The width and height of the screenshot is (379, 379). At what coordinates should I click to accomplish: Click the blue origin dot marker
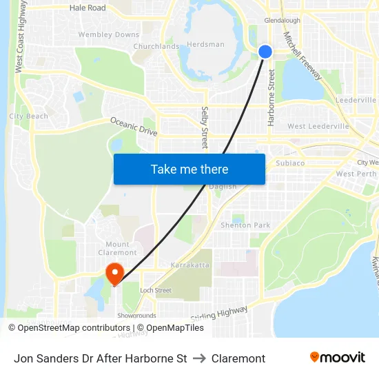[265, 52]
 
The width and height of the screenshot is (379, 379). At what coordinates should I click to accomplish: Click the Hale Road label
[88, 8]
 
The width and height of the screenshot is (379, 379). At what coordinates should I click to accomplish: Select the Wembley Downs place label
[108, 34]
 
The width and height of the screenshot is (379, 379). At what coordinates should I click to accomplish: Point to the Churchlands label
[156, 47]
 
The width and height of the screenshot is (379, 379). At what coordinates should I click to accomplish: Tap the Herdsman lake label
[206, 45]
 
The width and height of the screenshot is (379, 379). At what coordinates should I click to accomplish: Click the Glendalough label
[282, 21]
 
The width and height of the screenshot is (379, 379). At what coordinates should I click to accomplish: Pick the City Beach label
[29, 116]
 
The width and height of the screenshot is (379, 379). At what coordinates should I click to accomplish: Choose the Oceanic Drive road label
[134, 126]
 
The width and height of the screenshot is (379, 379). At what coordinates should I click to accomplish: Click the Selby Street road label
[205, 127]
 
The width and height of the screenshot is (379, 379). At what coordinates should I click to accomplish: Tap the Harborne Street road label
[271, 96]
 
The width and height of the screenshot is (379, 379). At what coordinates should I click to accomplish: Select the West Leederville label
[318, 127]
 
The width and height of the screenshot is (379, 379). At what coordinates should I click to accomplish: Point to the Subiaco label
[289, 163]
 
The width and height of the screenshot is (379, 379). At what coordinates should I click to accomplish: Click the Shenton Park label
[245, 225]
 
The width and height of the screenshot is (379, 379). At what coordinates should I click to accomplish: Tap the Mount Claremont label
[117, 249]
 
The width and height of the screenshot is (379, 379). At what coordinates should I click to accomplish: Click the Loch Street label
[155, 291]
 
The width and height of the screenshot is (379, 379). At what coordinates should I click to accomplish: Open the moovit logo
[337, 358]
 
